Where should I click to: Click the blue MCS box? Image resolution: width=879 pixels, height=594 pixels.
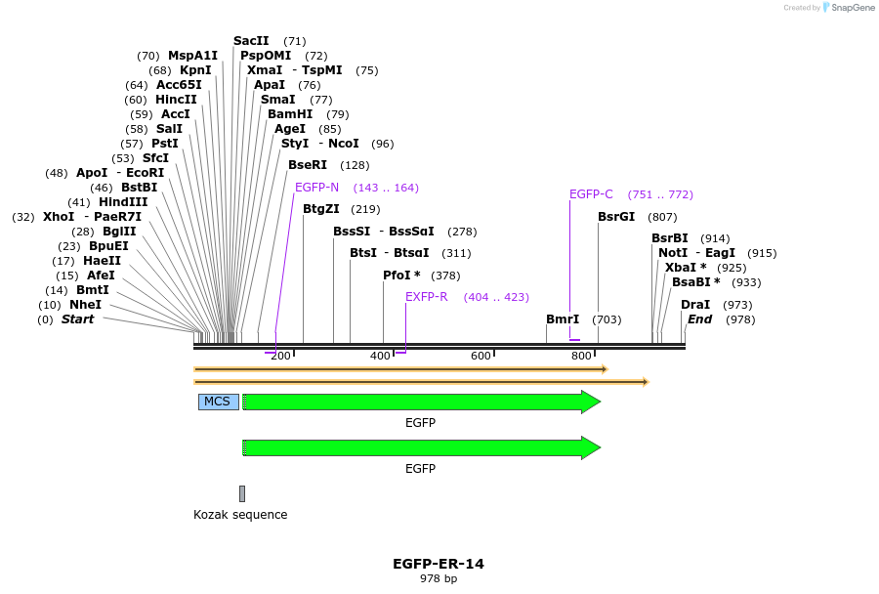click(x=218, y=402)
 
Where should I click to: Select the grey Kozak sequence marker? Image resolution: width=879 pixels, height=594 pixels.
click(x=242, y=493)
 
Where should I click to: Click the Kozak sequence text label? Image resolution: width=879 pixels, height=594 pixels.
click(x=240, y=515)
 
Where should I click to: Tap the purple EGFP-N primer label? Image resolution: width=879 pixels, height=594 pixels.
click(x=316, y=188)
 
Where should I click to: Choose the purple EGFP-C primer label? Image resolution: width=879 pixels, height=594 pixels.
click(x=591, y=194)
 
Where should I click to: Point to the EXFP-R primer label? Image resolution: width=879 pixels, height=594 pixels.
click(x=426, y=297)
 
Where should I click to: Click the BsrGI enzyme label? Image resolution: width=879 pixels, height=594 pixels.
click(x=616, y=217)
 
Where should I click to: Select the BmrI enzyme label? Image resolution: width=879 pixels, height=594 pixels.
click(x=563, y=319)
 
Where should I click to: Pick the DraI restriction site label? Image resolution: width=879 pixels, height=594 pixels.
click(x=695, y=305)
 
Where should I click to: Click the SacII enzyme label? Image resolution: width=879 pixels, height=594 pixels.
click(x=251, y=41)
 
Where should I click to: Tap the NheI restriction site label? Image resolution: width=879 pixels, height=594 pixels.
click(x=85, y=305)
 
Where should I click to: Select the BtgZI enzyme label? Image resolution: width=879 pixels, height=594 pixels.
click(x=321, y=209)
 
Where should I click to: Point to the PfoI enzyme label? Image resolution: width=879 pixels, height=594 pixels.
click(x=401, y=276)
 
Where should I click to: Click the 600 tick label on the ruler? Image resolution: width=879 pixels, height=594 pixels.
click(x=481, y=356)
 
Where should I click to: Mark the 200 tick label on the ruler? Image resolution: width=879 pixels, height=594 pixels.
click(x=280, y=356)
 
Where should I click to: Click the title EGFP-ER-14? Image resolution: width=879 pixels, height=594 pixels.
click(x=439, y=564)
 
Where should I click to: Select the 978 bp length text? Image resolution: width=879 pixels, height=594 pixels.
click(x=439, y=578)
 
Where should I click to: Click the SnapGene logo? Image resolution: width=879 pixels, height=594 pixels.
click(x=848, y=8)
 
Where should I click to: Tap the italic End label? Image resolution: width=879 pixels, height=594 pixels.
click(x=699, y=319)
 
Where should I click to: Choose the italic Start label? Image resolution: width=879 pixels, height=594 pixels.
click(x=78, y=319)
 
